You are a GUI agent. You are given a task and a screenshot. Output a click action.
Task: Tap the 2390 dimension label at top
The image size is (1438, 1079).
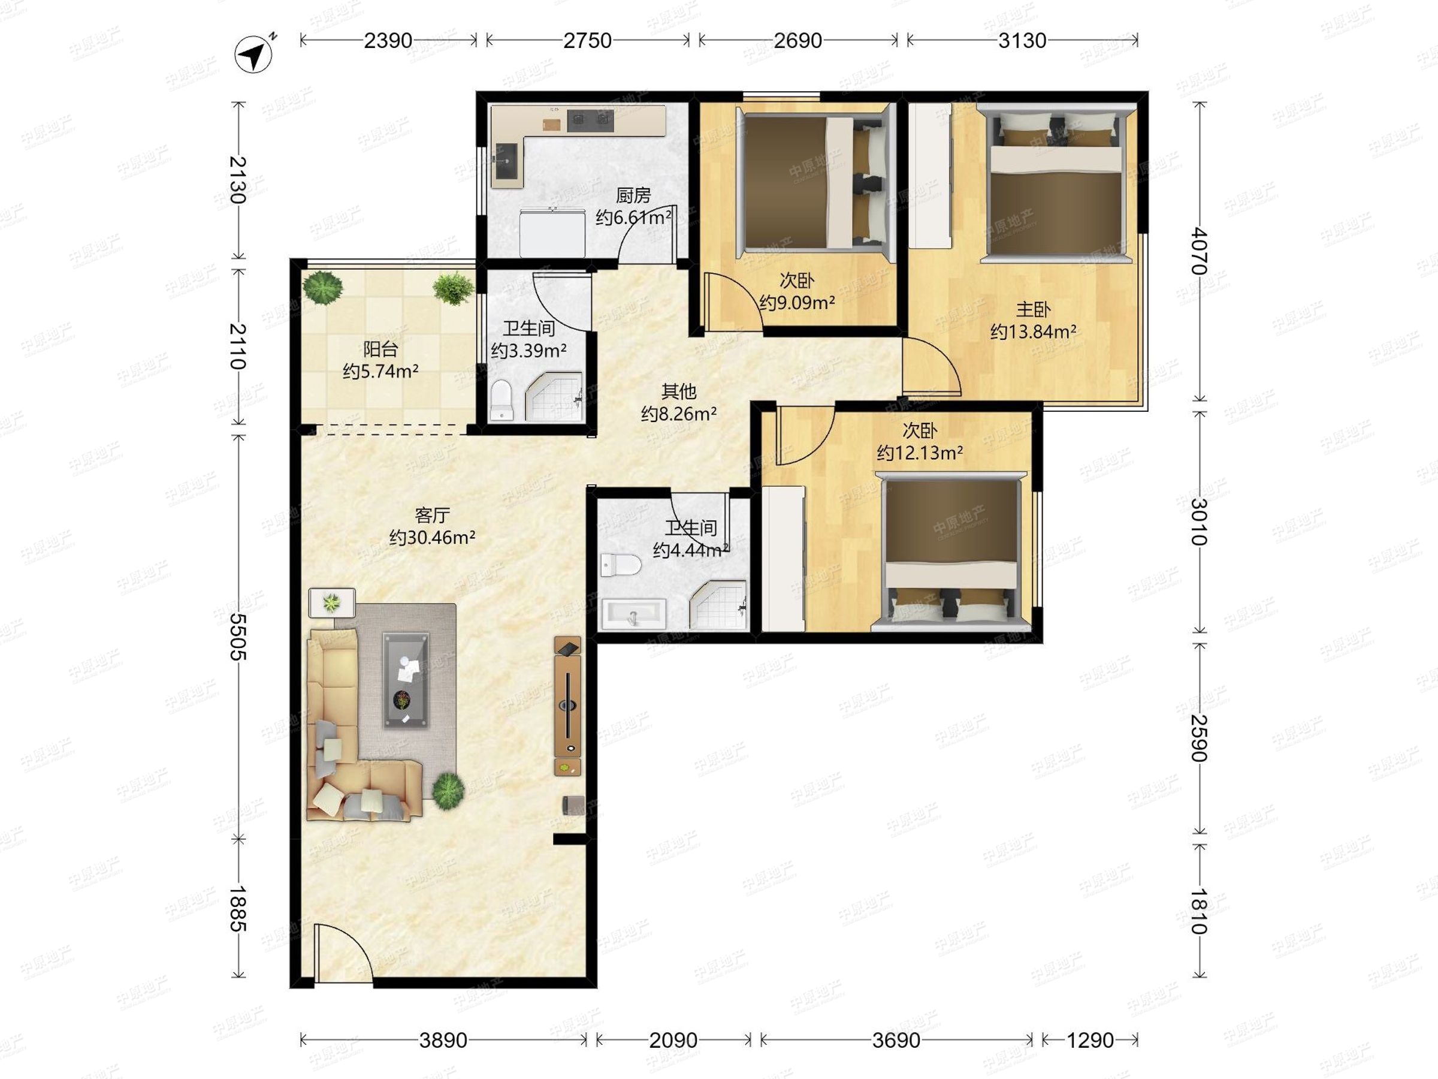pyautogui.click(x=388, y=40)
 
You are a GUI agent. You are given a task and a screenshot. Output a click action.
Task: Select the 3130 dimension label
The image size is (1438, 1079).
pyautogui.click(x=1022, y=40)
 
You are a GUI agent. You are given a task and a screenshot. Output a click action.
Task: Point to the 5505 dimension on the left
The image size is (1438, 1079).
pyautogui.click(x=238, y=637)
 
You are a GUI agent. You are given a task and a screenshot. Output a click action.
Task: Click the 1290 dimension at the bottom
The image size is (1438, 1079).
pyautogui.click(x=1090, y=1040)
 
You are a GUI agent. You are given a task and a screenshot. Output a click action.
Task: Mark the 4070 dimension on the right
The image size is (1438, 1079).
pyautogui.click(x=1200, y=251)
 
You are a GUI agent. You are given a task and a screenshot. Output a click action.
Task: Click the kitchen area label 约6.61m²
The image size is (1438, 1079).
pyautogui.click(x=633, y=216)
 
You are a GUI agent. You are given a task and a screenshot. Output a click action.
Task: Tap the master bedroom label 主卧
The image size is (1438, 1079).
pyautogui.click(x=1033, y=309)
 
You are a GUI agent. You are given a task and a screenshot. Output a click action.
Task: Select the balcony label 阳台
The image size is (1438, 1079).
pyautogui.click(x=380, y=349)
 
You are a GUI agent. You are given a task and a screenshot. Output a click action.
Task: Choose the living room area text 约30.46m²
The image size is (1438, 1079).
pyautogui.click(x=433, y=537)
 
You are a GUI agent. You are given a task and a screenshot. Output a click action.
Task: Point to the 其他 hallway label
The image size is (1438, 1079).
pyautogui.click(x=679, y=391)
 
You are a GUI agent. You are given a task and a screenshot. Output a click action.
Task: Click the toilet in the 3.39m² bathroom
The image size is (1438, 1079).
pyautogui.click(x=502, y=400)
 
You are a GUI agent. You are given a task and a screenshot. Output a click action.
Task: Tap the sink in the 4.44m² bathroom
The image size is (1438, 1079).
pyautogui.click(x=633, y=613)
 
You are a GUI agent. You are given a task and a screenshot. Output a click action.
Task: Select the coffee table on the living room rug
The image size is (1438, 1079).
pyautogui.click(x=406, y=680)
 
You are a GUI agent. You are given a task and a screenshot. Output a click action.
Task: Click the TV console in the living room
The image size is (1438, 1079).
pyautogui.click(x=567, y=706)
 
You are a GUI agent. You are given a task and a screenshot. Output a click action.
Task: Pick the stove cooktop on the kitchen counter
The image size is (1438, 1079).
pyautogui.click(x=590, y=119)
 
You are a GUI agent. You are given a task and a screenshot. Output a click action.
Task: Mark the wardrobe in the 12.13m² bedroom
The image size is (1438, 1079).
pyautogui.click(x=783, y=559)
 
